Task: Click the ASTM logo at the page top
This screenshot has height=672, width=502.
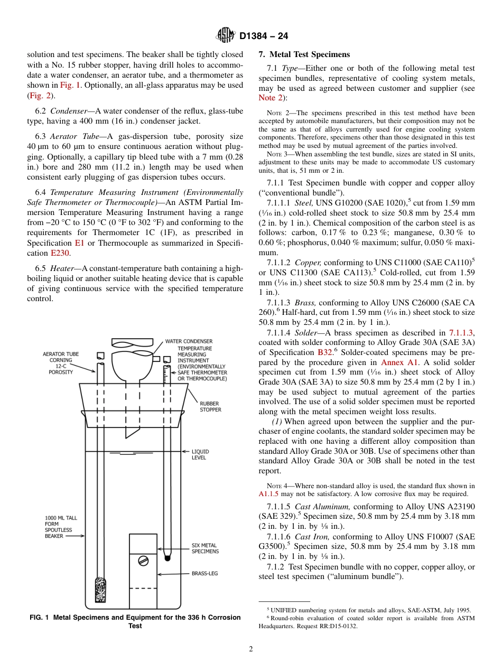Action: pos(226,36)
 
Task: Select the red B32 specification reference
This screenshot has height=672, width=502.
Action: pos(325,353)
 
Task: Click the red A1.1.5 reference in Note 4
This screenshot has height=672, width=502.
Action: pos(268,494)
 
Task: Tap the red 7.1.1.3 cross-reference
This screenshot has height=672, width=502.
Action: pos(461,333)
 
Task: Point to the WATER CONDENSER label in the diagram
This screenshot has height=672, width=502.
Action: pos(189,341)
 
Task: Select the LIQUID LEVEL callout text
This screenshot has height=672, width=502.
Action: pos(200,454)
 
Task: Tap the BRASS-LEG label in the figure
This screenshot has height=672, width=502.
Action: pos(204,573)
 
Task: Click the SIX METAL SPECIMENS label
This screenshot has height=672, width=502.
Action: pos(205,548)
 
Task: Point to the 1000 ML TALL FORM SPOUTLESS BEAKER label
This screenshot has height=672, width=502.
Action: pos(58,527)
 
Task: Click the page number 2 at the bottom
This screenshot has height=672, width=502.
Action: pos(251,649)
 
